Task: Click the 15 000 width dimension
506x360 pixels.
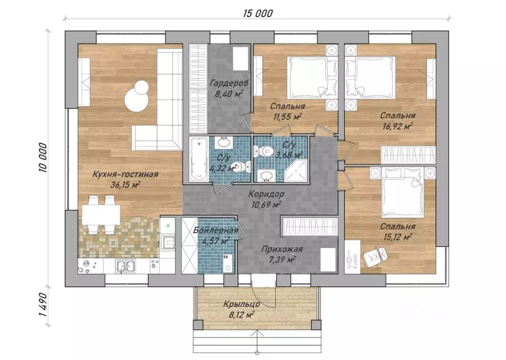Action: (x=258, y=13)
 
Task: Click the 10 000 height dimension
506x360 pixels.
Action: (x=43, y=158)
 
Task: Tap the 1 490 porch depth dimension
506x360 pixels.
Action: (x=43, y=305)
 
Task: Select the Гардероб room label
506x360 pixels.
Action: (x=229, y=83)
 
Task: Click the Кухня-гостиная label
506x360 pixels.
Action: (x=125, y=175)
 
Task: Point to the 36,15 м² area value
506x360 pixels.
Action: (x=125, y=185)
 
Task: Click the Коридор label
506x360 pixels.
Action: (x=266, y=194)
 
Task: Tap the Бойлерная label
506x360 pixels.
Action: (x=216, y=230)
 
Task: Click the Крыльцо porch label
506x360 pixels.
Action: (x=242, y=304)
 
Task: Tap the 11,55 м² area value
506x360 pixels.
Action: (x=288, y=117)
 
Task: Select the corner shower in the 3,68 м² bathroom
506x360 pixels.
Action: (x=295, y=170)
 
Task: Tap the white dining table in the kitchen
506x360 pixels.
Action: (x=101, y=215)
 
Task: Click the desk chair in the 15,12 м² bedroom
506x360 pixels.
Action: (x=375, y=254)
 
